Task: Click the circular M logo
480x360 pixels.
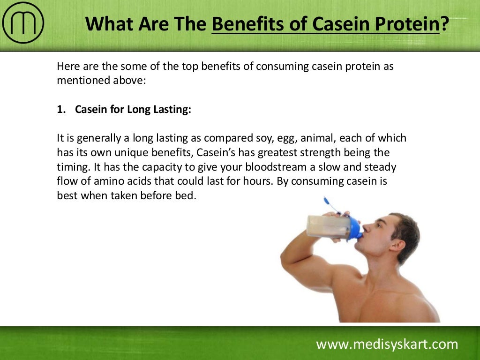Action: pyautogui.click(x=23, y=23)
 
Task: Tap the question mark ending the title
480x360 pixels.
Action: pyautogui.click(x=443, y=24)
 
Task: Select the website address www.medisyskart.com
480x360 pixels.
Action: pyautogui.click(x=387, y=345)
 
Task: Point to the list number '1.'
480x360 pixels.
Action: pyautogui.click(x=61, y=110)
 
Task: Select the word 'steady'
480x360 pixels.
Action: pyautogui.click(x=379, y=167)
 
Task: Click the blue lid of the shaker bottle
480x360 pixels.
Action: pyautogui.click(x=355, y=227)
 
